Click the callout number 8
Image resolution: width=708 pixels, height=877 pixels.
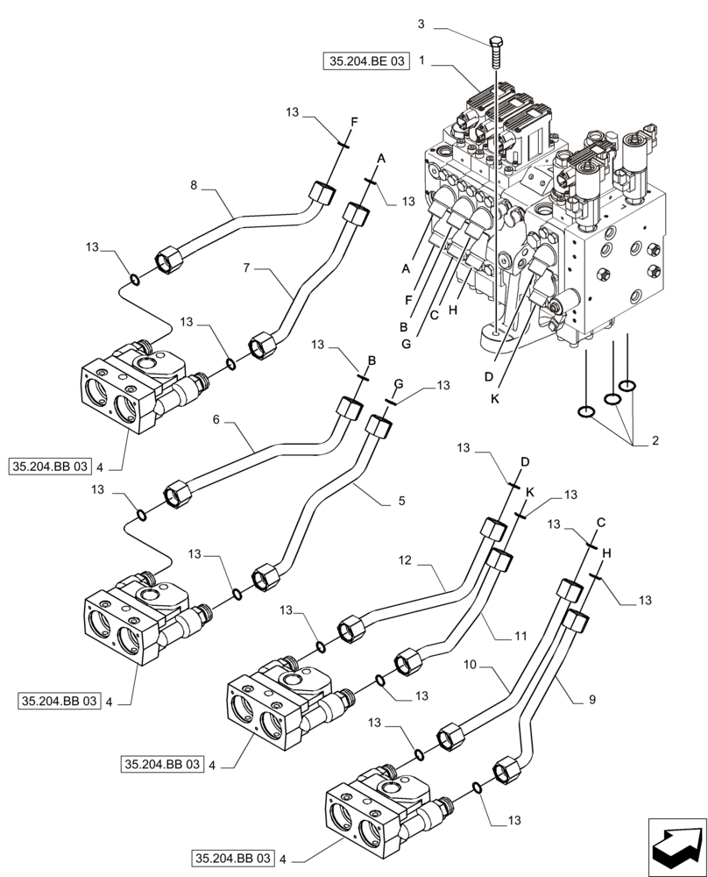pyautogui.click(x=194, y=185)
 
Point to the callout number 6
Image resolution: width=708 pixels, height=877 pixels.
pyautogui.click(x=215, y=420)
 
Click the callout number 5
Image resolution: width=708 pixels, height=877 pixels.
pyautogui.click(x=401, y=502)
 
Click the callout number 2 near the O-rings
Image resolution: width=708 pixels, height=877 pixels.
pyautogui.click(x=655, y=442)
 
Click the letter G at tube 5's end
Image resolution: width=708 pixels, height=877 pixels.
pyautogui.click(x=398, y=384)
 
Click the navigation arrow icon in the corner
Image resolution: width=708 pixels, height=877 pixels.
pyautogui.click(x=676, y=844)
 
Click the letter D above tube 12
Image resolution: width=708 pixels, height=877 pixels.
pyautogui.click(x=524, y=461)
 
